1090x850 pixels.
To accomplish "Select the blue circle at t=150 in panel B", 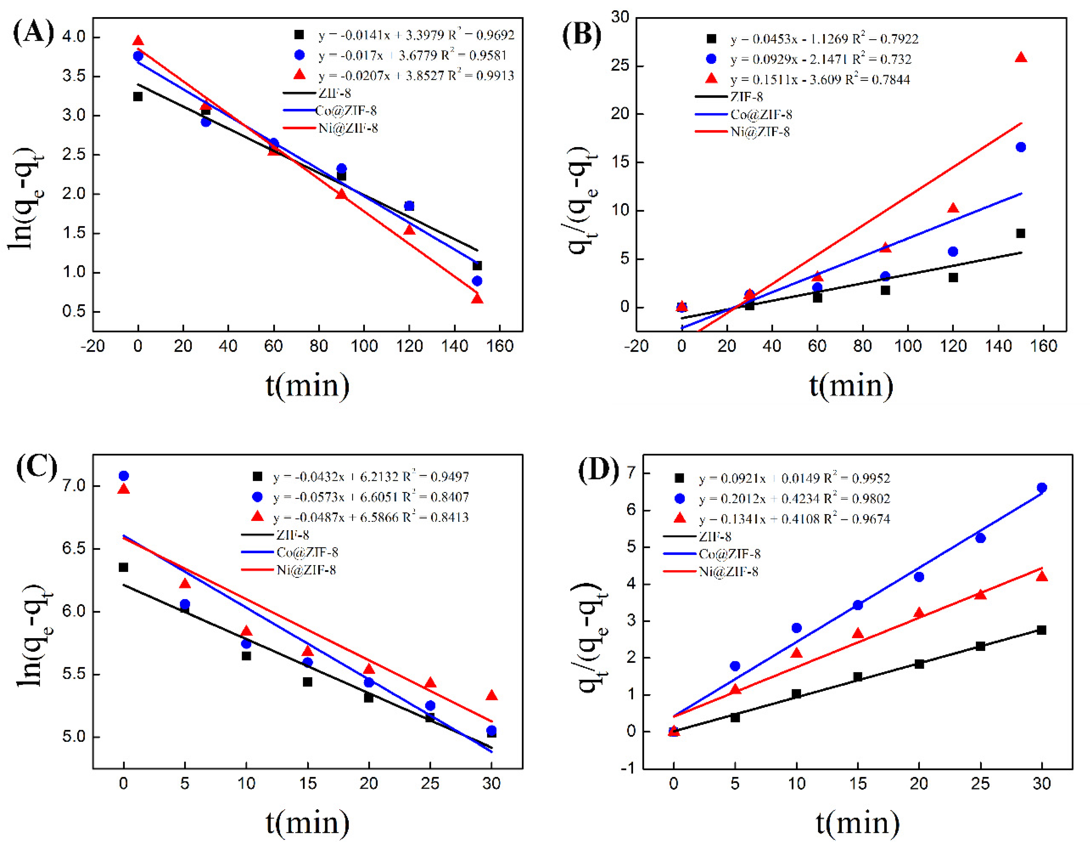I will click(1021, 147).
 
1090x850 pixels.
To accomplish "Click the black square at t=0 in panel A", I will click(138, 96).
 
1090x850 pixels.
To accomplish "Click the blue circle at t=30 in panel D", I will click(1041, 488).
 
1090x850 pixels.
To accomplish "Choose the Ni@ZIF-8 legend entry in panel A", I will click(348, 128).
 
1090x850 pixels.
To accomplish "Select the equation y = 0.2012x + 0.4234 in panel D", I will click(794, 499).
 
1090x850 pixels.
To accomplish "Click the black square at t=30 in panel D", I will click(1041, 630).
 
